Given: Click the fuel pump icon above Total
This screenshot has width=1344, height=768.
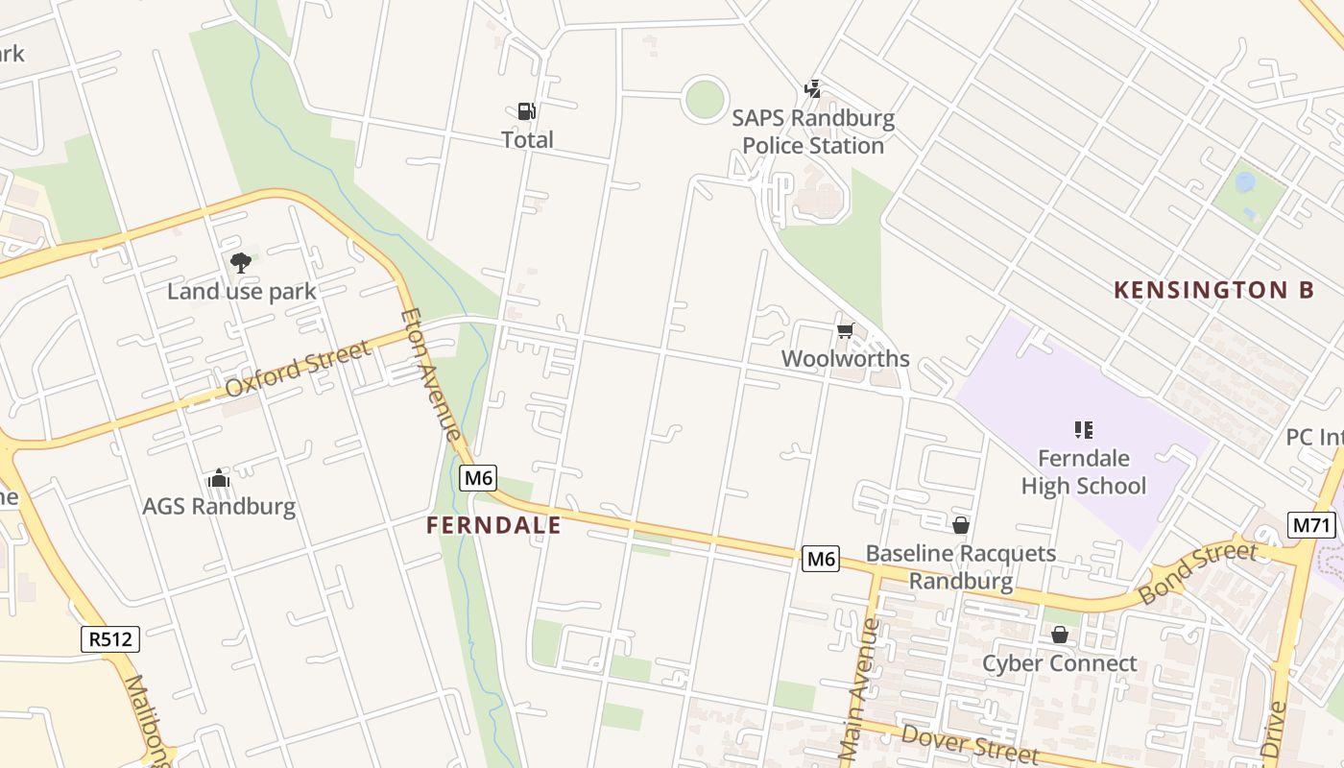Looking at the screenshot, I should click(526, 111).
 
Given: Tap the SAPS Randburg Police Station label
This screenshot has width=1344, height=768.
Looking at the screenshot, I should click(813, 132).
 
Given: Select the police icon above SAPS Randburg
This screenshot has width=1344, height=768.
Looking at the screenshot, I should click(813, 89).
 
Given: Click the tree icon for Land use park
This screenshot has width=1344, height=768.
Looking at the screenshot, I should click(241, 262).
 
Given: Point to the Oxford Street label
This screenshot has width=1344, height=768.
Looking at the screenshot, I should click(299, 370).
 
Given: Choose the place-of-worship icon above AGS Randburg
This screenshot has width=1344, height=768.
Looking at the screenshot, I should click(219, 478).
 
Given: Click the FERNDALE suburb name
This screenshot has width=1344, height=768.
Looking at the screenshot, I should click(493, 525).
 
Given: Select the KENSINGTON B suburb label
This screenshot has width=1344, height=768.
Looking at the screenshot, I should click(1213, 289).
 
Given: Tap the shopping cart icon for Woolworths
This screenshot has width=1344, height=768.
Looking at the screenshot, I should click(845, 331).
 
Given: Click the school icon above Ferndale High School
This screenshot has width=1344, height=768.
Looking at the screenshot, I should click(1084, 429).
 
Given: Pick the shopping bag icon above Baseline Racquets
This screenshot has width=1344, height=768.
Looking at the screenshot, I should click(960, 525).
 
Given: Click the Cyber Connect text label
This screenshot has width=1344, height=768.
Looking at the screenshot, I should click(1059, 663).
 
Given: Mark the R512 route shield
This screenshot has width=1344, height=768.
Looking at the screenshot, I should click(110, 639).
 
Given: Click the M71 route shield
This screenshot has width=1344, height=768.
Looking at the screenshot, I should click(1311, 525).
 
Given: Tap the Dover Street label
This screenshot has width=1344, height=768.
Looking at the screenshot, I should click(970, 745).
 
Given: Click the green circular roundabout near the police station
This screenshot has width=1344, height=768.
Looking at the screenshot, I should click(705, 99).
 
